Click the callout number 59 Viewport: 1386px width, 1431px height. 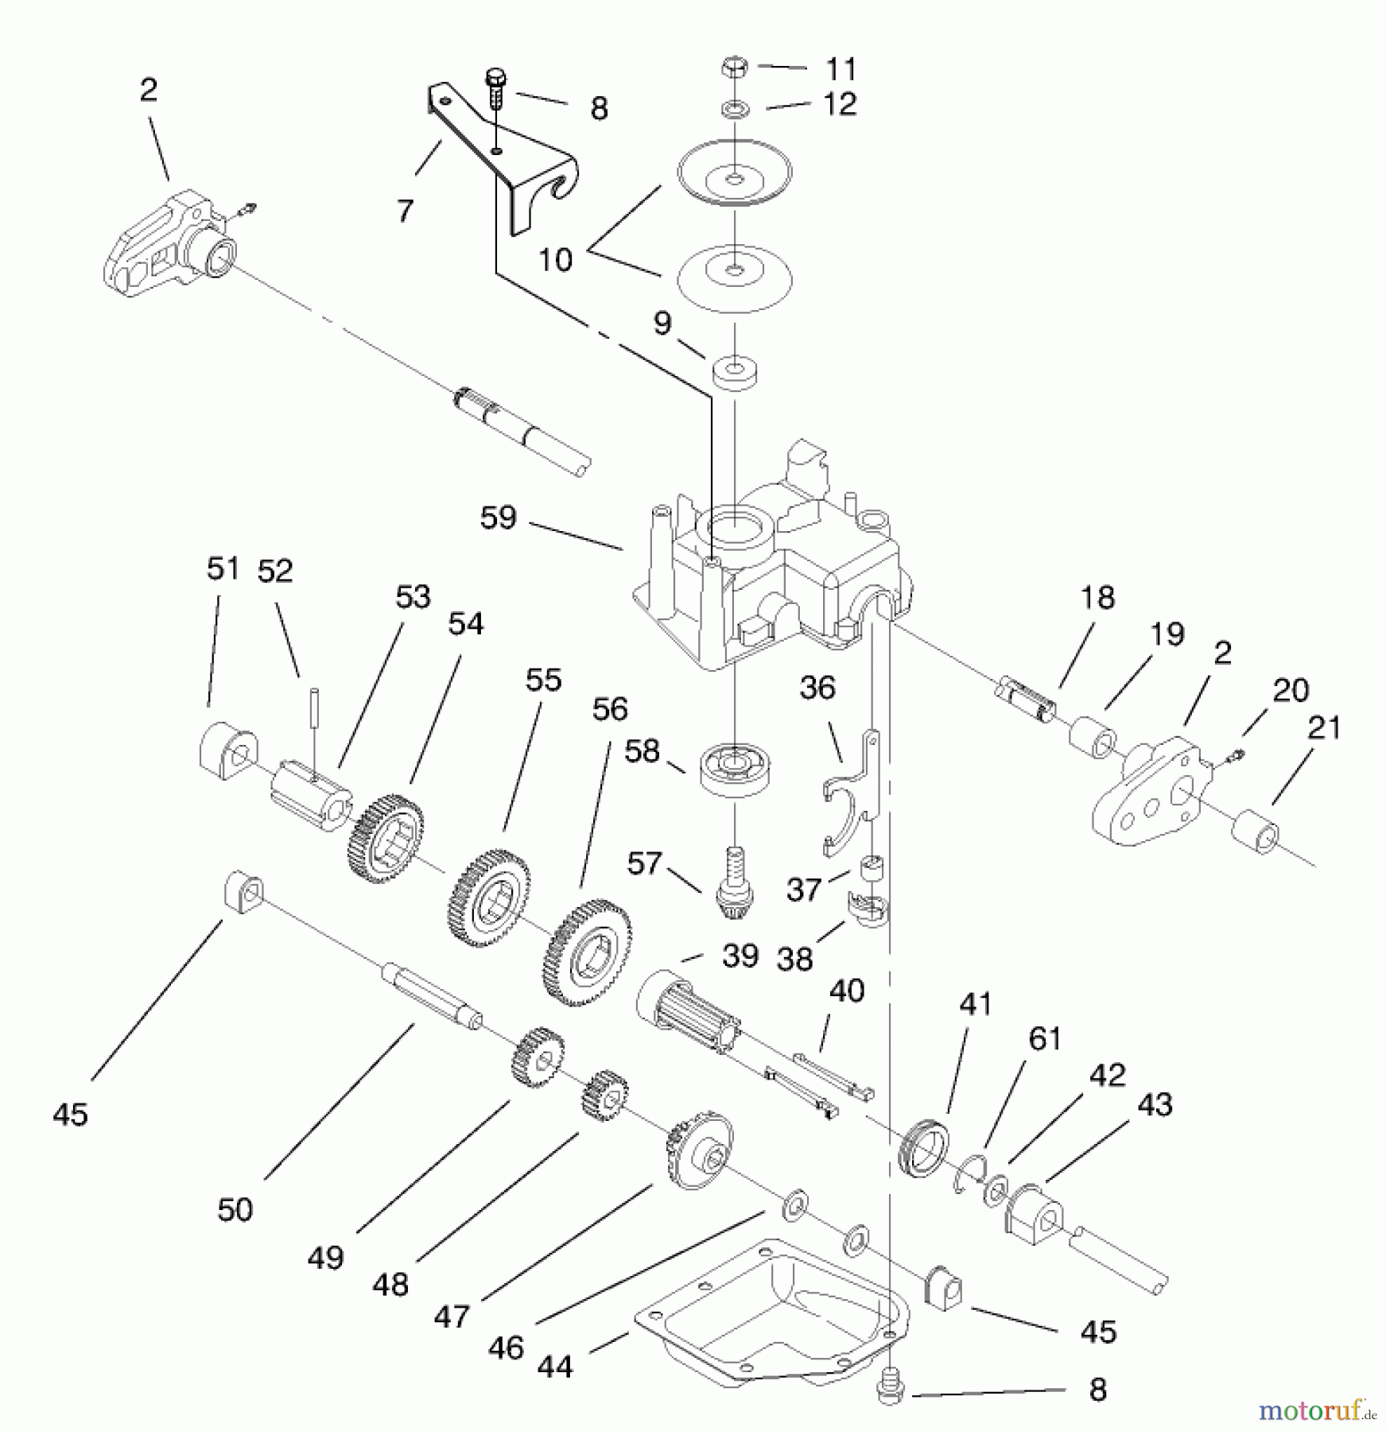click(499, 518)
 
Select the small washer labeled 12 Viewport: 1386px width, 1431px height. click(734, 107)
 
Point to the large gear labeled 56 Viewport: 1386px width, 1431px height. click(588, 952)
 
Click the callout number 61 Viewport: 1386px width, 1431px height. click(1044, 1039)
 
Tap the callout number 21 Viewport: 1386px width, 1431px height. click(1324, 727)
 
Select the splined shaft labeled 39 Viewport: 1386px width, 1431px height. click(689, 1010)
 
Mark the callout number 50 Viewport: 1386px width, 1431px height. click(235, 1209)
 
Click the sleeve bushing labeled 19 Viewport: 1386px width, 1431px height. click(1093, 735)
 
